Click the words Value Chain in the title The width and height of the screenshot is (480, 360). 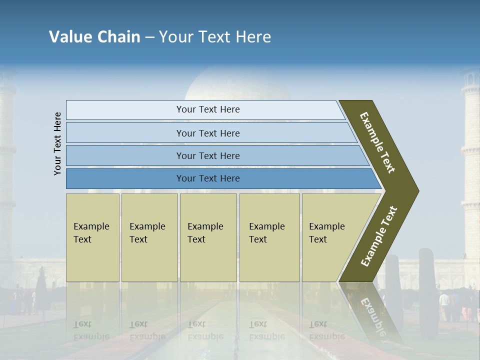(94, 37)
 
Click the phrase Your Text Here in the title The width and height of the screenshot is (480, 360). (215, 37)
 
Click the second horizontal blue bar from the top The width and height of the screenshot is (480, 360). (207, 133)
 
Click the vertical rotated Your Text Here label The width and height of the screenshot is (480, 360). (57, 143)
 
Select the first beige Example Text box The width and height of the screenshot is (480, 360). (92, 237)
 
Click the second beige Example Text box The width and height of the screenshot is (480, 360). (149, 237)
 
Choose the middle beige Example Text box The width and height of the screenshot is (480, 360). (208, 237)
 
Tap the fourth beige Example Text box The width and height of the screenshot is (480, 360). (269, 237)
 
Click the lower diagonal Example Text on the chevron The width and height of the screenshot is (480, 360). (379, 236)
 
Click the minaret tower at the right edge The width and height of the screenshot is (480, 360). (470, 150)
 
